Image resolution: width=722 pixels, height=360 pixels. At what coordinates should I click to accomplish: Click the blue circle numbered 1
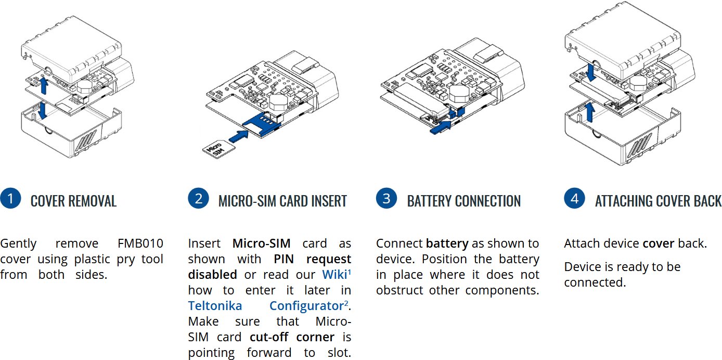(10, 199)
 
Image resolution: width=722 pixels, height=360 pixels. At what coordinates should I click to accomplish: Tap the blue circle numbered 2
(198, 199)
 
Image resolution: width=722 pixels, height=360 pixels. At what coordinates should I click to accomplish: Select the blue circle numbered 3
(386, 199)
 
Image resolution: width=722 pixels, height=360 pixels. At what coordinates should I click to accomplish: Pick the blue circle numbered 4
(574, 199)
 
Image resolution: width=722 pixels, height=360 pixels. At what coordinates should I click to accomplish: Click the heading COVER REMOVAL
(73, 201)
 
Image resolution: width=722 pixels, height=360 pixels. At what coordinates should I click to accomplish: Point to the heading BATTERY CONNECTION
(463, 201)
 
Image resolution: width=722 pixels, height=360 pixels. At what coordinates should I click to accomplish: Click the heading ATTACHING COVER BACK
(658, 201)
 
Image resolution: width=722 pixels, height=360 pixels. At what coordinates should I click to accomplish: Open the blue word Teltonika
(215, 305)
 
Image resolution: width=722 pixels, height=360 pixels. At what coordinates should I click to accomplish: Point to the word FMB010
(140, 243)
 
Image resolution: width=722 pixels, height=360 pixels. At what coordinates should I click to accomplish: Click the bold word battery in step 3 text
(447, 243)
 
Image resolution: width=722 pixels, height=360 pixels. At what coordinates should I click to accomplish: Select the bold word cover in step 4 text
(658, 243)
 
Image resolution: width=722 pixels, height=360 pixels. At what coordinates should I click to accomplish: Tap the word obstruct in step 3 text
(400, 290)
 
